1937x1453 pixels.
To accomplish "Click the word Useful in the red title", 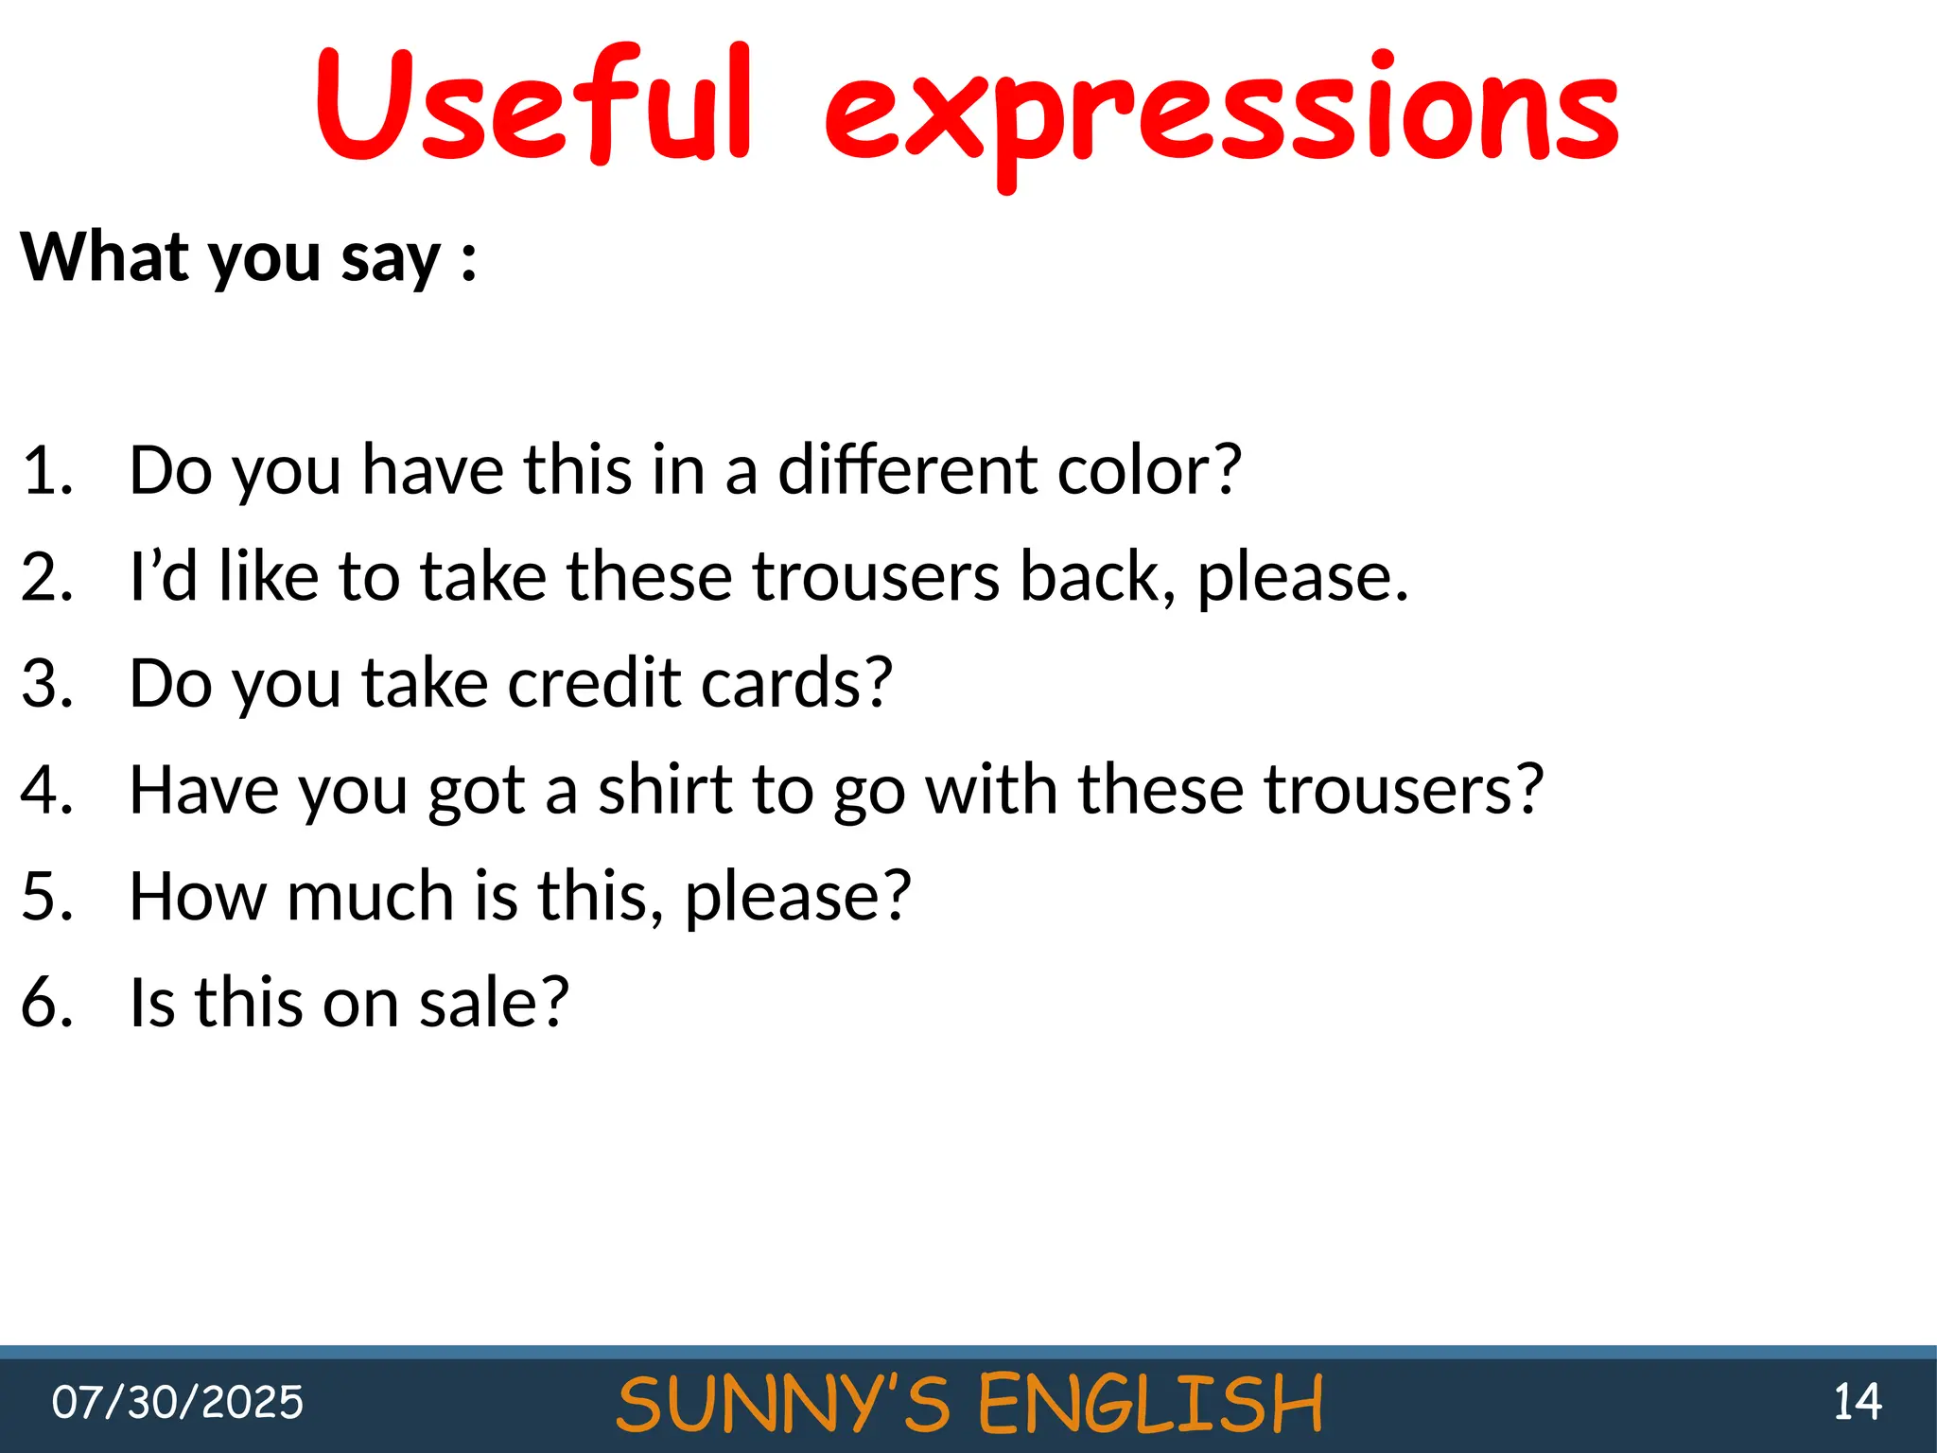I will (x=534, y=106).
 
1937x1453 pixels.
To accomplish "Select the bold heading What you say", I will (x=248, y=257).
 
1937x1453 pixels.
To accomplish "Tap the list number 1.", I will (x=45, y=470).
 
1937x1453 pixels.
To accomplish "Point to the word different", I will (x=906, y=470).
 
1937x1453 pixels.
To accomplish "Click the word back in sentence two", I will (x=1097, y=576).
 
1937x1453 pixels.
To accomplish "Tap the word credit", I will (x=594, y=683).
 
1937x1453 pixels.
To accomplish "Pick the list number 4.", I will (x=45, y=790).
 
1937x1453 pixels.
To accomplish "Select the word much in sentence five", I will (x=370, y=896).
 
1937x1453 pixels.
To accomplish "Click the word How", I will (x=198, y=896).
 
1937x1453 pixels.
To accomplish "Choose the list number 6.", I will (x=45, y=1003).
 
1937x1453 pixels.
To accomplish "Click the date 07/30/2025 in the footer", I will (x=178, y=1402).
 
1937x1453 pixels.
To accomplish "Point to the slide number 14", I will (x=1857, y=1402).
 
